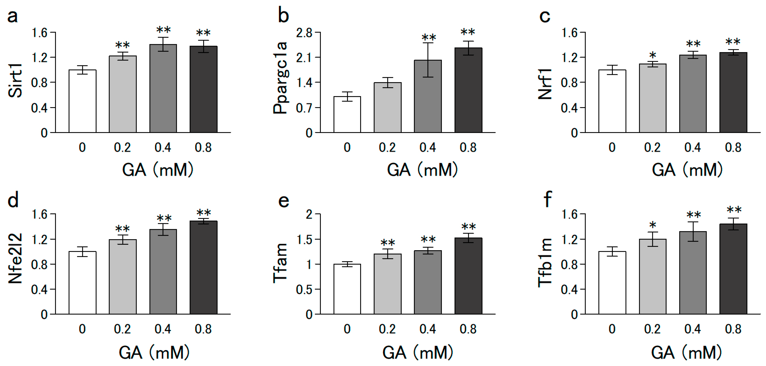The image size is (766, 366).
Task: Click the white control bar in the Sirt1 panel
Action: click(82, 101)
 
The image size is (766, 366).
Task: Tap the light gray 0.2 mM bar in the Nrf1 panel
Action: click(653, 98)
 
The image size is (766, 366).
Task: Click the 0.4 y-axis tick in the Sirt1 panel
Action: click(39, 108)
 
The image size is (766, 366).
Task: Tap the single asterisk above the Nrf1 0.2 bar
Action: click(653, 55)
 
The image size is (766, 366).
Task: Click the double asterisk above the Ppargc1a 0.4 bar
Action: click(429, 38)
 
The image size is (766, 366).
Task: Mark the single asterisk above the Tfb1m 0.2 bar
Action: click(653, 225)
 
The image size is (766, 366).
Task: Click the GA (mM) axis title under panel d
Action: click(154, 353)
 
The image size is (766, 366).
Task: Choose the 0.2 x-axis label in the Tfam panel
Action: click(387, 329)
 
